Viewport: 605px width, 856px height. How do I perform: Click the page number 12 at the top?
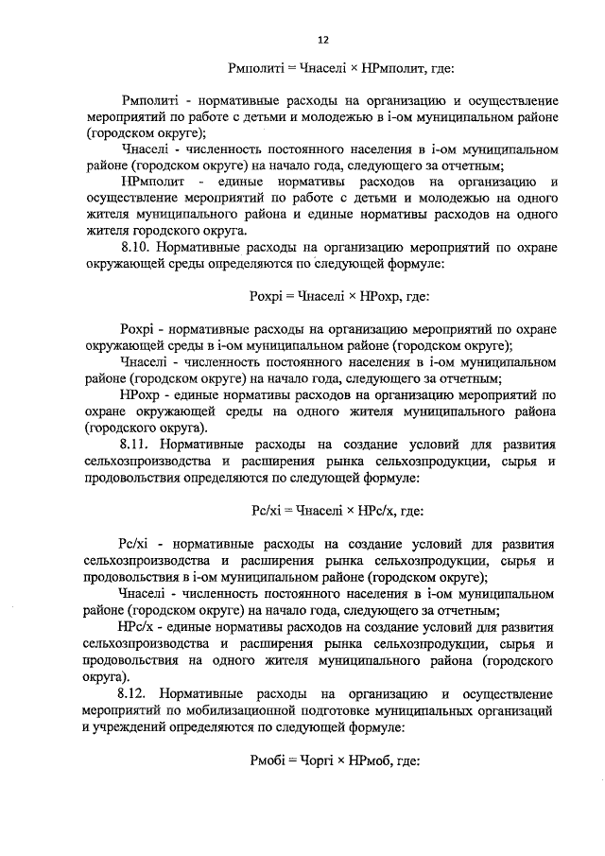tap(323, 40)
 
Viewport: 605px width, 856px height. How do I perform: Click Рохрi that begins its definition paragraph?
tap(140, 328)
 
